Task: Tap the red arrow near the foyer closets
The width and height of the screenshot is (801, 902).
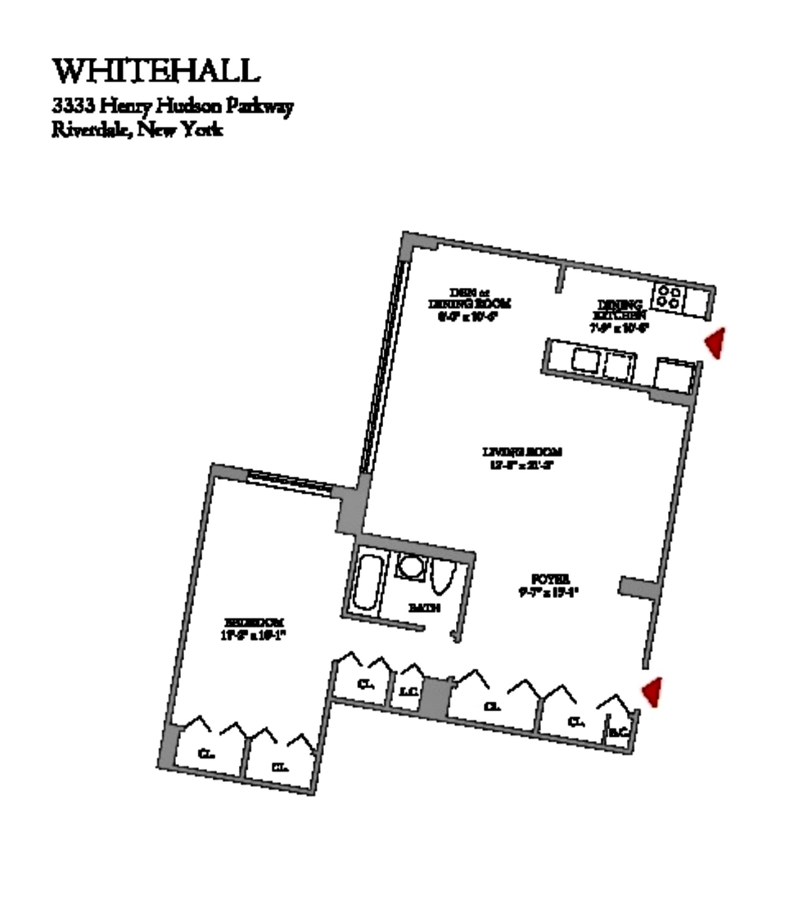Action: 653,692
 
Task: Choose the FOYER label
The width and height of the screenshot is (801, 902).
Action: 550,579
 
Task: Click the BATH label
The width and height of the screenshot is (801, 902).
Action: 424,607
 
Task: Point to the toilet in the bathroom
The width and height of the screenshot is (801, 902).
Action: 442,577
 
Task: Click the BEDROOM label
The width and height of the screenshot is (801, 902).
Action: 254,622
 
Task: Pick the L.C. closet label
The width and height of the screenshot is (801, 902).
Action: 408,691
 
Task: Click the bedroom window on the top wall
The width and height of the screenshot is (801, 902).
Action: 289,482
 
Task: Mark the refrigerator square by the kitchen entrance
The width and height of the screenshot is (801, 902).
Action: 674,376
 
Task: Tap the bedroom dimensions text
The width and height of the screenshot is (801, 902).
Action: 253,636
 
